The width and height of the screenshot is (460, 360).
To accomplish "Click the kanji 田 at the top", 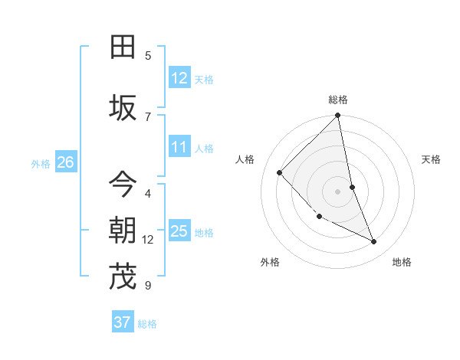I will click(x=123, y=47).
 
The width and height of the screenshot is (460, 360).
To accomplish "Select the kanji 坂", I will click(x=123, y=108).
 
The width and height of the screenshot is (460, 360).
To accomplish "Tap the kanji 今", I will click(x=123, y=184).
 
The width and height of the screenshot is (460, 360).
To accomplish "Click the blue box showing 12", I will click(x=179, y=78).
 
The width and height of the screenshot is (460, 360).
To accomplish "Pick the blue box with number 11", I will click(x=179, y=147).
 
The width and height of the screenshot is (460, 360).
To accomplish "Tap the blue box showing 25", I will click(x=179, y=231).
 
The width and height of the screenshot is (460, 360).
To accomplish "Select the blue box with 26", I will click(x=65, y=162).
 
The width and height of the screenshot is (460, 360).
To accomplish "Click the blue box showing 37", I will click(x=123, y=322).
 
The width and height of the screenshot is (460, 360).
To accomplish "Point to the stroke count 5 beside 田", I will click(x=148, y=56).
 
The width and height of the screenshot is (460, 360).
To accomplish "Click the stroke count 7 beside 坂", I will click(x=148, y=116).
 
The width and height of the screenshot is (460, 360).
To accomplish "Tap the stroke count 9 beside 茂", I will click(x=148, y=286).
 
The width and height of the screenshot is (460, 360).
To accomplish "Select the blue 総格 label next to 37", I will click(x=147, y=324).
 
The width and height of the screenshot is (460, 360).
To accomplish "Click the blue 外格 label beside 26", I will click(x=40, y=163).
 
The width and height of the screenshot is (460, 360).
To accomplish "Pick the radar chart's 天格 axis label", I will click(x=431, y=159).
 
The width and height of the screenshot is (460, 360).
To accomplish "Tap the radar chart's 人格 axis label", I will click(x=245, y=159).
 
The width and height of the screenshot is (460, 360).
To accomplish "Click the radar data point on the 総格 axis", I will click(x=338, y=116).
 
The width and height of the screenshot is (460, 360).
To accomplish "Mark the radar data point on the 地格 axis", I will click(x=374, y=242).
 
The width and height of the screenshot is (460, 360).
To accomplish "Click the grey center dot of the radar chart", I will click(x=338, y=191).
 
